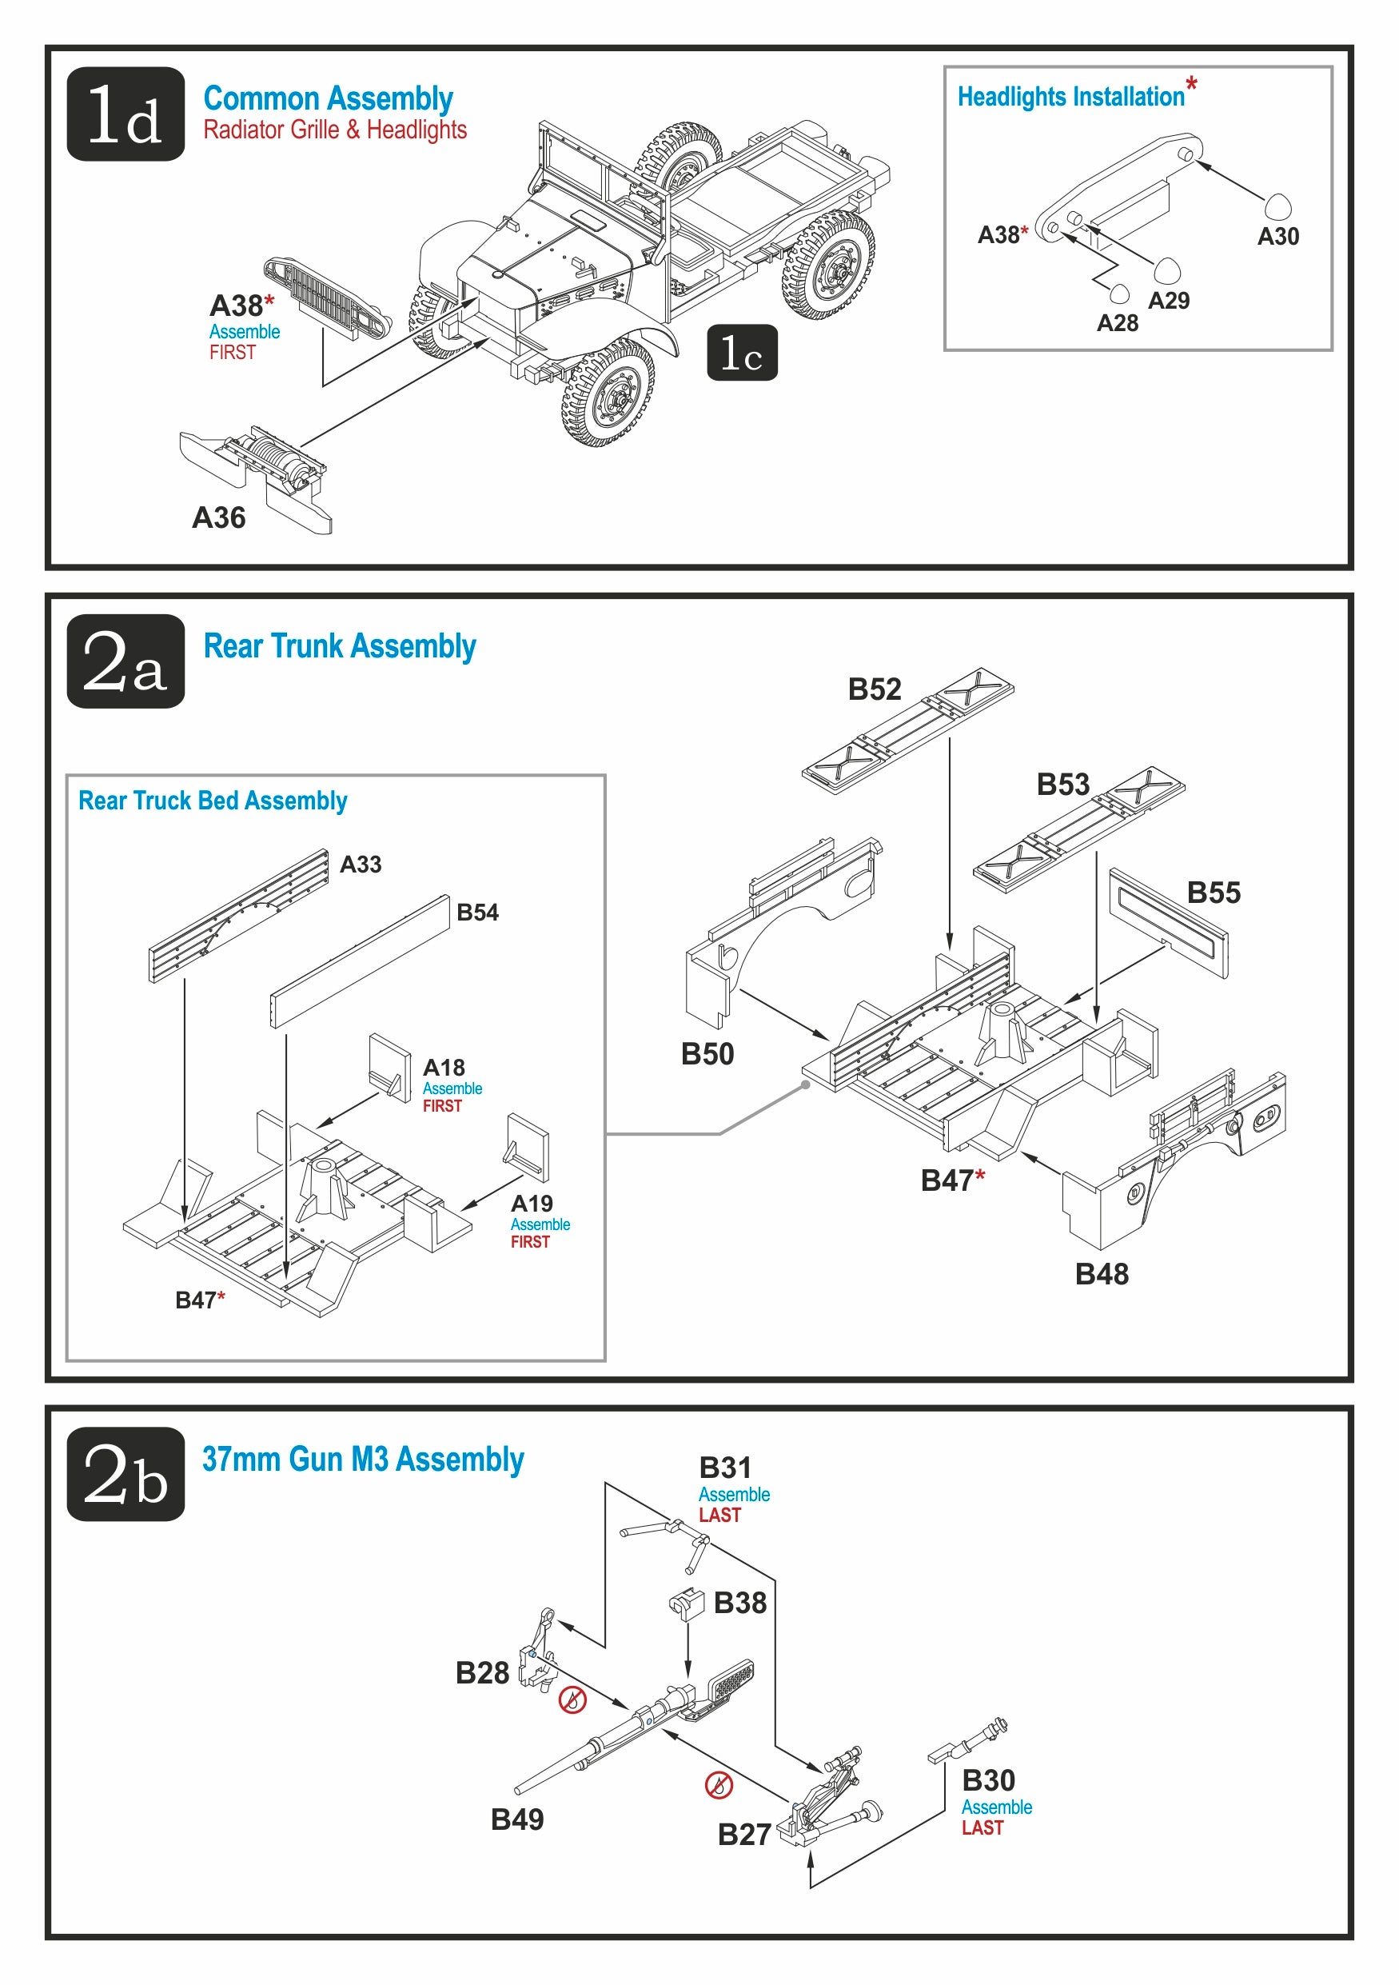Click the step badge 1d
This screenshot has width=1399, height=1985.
click(126, 114)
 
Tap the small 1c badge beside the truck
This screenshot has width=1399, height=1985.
click(741, 353)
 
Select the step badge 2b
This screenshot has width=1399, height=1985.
click(126, 1473)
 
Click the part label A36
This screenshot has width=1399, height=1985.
click(218, 518)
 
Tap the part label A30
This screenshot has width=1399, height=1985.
click(1277, 236)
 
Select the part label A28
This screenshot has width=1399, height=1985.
click(1117, 323)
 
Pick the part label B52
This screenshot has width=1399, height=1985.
click(874, 689)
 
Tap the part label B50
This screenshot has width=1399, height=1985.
click(707, 1054)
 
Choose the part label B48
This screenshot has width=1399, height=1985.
click(1101, 1273)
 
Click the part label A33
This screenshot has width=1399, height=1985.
click(361, 864)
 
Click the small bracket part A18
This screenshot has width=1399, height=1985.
click(389, 1067)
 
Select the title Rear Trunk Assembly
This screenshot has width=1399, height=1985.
click(340, 646)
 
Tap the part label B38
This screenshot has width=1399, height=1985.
click(739, 1603)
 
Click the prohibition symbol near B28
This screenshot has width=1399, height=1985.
click(572, 1699)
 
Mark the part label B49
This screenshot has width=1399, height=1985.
click(516, 1819)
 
